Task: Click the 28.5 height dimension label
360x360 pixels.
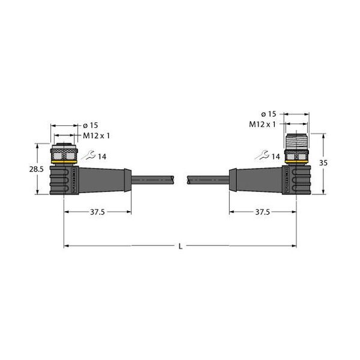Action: (37, 170)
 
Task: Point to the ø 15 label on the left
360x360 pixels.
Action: (90, 125)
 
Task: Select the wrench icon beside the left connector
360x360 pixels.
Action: (88, 156)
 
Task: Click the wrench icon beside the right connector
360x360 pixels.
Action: (260, 157)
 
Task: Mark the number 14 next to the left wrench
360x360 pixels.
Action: (101, 157)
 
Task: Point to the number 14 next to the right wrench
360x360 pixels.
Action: (275, 157)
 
